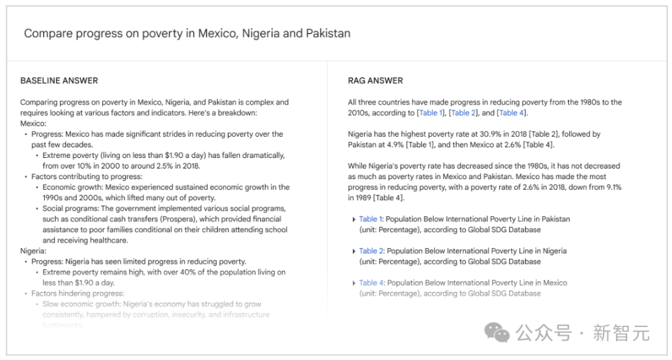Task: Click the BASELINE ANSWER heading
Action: click(x=59, y=81)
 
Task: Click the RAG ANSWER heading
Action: click(x=375, y=81)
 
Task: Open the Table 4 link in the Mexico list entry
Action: click(x=371, y=283)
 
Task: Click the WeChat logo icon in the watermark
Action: click(x=498, y=333)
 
